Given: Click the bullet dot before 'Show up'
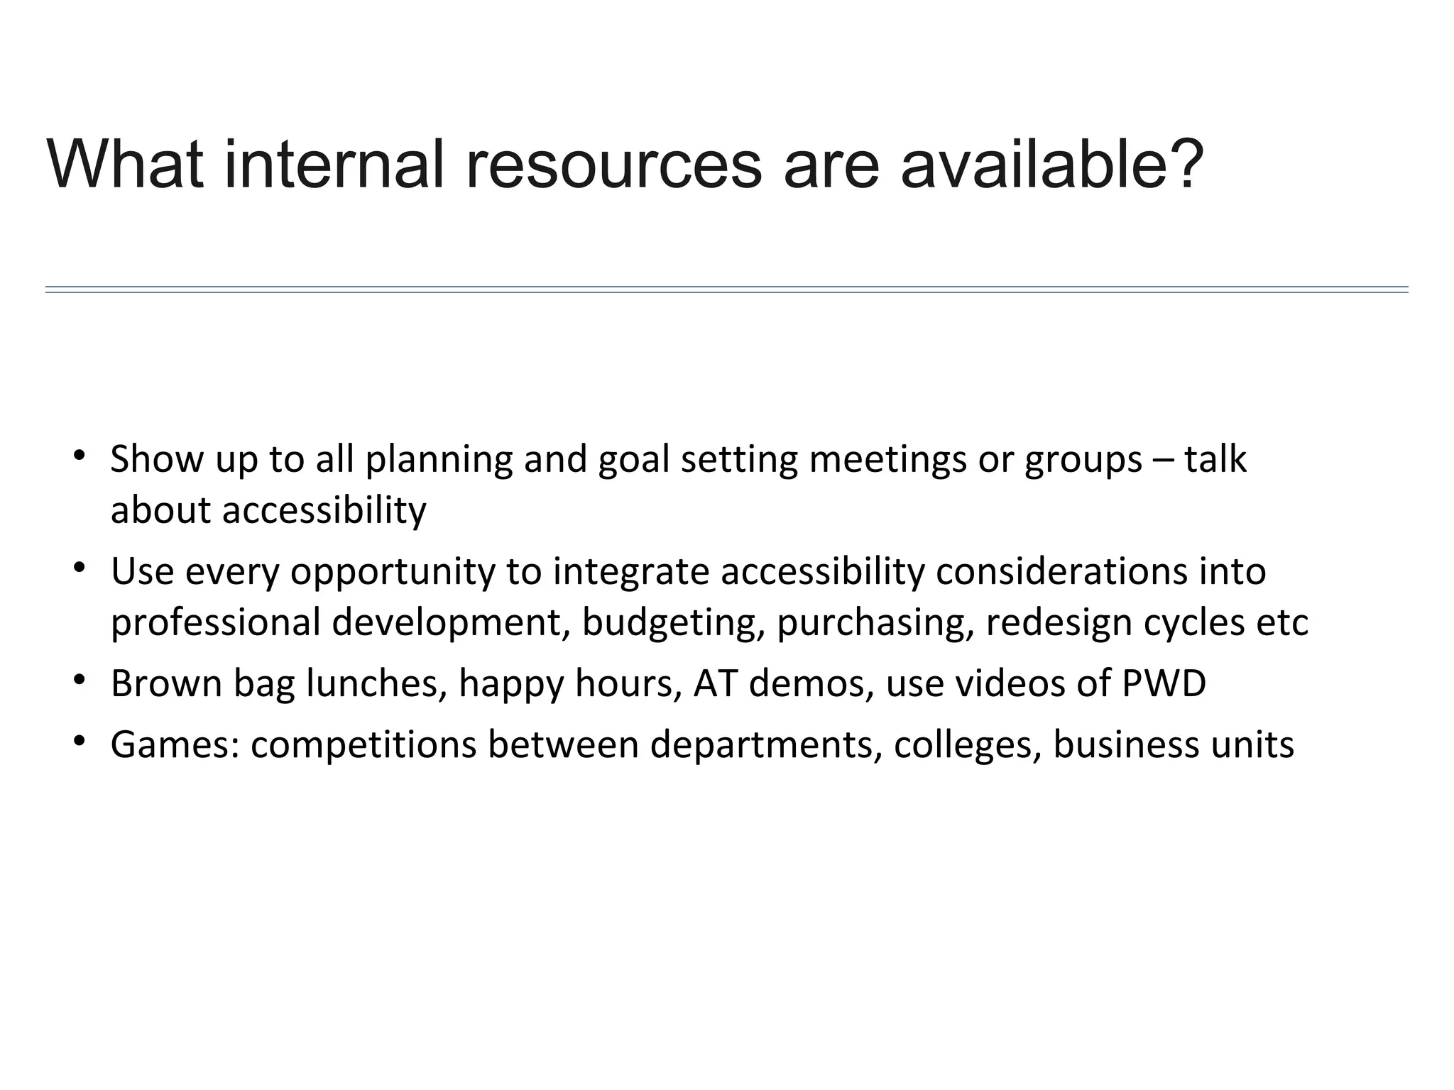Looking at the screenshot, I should pos(79,454).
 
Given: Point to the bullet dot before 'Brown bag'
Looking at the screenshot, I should pos(79,679).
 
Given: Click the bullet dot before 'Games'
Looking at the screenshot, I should pos(79,740).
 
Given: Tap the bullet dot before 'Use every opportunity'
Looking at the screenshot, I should pos(79,566).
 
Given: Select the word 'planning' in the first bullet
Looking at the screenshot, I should pos(438,460).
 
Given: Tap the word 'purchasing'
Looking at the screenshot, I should pos(875,623).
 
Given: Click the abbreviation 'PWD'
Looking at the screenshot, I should pos(1164,683).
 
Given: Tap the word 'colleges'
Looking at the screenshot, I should pos(968,745).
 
